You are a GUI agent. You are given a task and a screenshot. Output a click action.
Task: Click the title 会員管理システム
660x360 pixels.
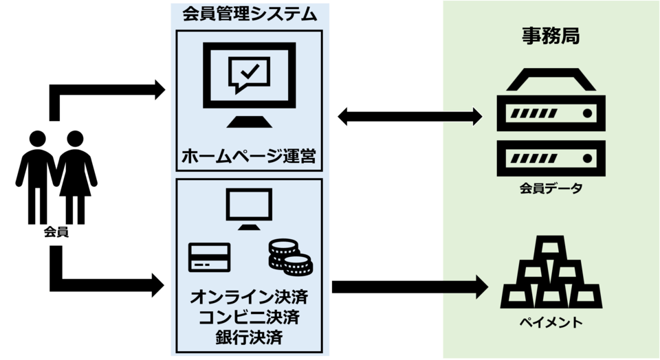tap(250, 14)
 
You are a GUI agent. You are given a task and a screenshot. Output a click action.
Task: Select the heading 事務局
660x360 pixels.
tap(550, 36)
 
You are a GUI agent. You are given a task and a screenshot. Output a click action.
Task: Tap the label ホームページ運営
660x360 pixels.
tap(249, 156)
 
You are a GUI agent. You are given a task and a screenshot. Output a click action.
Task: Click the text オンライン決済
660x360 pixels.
tap(249, 299)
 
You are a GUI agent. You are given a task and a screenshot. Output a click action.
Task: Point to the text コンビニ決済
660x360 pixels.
tap(249, 317)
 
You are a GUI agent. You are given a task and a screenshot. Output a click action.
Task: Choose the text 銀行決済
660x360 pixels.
tap(249, 337)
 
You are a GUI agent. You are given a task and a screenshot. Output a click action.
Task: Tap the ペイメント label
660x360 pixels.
tap(550, 322)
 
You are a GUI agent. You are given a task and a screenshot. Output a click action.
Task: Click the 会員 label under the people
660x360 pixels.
tap(56, 232)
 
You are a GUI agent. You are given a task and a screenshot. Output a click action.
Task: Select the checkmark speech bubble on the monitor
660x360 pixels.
tap(249, 72)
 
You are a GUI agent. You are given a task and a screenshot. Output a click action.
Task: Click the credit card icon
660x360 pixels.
tap(209, 258)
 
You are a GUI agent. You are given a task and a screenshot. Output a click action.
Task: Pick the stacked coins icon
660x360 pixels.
tap(288, 256)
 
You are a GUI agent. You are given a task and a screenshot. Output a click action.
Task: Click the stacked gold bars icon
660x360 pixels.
tap(551, 274)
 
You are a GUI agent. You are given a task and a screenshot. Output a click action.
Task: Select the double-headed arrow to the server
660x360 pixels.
tap(410, 115)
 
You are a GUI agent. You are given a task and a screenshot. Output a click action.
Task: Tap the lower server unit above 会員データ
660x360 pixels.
tap(551, 157)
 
